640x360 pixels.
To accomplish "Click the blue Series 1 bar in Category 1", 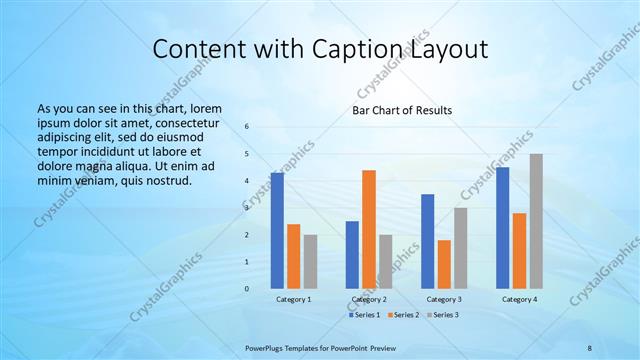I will point(277,231).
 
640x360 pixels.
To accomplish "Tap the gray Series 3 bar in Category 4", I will point(536,221).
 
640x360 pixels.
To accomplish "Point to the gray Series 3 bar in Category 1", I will point(310,262).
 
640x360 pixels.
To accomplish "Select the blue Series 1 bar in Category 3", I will point(428,241).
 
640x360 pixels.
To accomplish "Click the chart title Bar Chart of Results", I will point(402,110).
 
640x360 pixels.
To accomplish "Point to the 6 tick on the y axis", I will point(247,127).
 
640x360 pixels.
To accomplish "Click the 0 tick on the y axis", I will point(247,289).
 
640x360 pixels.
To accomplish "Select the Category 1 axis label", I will point(293,299).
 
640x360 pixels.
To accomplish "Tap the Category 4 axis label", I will point(519,299).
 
